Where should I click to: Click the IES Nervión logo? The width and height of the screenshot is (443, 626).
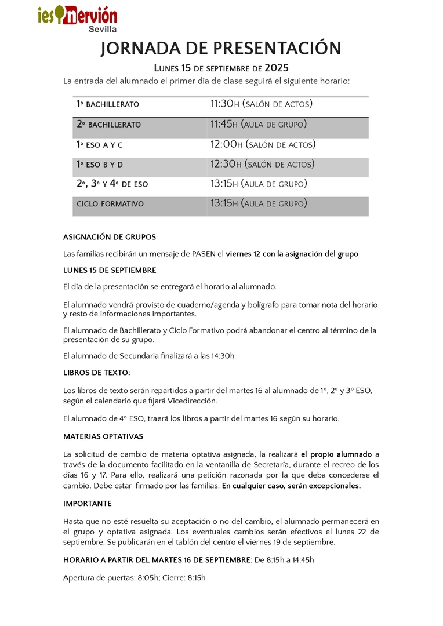pyautogui.click(x=78, y=17)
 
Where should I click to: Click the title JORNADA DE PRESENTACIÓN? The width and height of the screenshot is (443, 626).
pyautogui.click(x=221, y=49)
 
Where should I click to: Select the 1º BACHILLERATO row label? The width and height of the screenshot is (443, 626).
pyautogui.click(x=108, y=104)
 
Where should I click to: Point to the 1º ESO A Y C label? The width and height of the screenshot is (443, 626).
pyautogui.click(x=100, y=145)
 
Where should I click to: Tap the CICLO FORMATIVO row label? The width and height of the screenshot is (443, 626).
pyautogui.click(x=110, y=204)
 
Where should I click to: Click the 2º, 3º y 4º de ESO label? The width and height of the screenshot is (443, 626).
pyautogui.click(x=112, y=184)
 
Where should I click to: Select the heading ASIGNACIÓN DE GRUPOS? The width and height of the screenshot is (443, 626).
pyautogui.click(x=110, y=237)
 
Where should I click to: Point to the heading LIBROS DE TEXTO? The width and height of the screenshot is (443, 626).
pyautogui.click(x=97, y=373)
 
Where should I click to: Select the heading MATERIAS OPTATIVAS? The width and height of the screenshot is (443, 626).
pyautogui.click(x=103, y=436)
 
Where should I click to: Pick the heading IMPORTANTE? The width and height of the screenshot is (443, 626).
pyautogui.click(x=88, y=504)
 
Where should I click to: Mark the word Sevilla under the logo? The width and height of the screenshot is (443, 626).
pyautogui.click(x=103, y=29)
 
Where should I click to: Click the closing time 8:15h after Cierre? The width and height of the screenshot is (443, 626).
pyautogui.click(x=197, y=578)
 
